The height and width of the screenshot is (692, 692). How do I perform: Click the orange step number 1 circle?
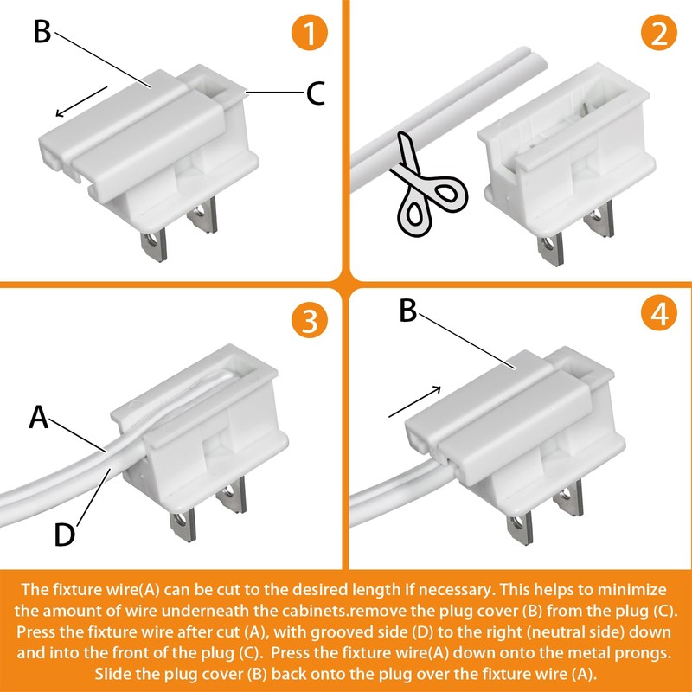point(310,33)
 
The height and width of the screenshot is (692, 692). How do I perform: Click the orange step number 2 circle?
point(659,33)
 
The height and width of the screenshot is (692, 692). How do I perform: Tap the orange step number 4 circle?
point(659,313)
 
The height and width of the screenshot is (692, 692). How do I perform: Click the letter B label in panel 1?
point(42,32)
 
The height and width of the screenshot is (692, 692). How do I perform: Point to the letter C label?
point(316,93)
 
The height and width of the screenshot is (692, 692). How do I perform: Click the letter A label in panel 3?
point(38,417)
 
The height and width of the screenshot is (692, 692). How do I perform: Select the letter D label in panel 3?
point(64,535)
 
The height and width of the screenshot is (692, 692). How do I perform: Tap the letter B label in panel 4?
point(407,311)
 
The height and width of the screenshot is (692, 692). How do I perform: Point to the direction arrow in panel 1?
point(81,101)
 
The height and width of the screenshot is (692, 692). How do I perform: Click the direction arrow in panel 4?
point(415,401)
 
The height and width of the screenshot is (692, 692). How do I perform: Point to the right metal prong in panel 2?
point(599,219)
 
